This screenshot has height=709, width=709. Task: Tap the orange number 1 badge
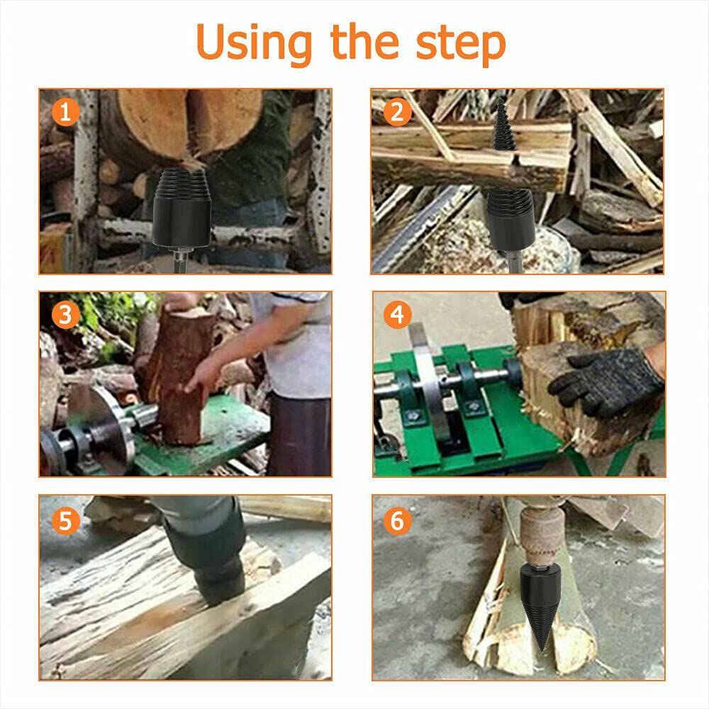[x=65, y=112]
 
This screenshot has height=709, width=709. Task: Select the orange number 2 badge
[x=397, y=112]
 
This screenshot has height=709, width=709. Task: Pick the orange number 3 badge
[x=65, y=315]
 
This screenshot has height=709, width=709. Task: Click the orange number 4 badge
[x=397, y=315]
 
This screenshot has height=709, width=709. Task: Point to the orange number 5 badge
[x=65, y=521]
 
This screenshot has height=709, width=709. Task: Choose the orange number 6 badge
[x=397, y=521]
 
